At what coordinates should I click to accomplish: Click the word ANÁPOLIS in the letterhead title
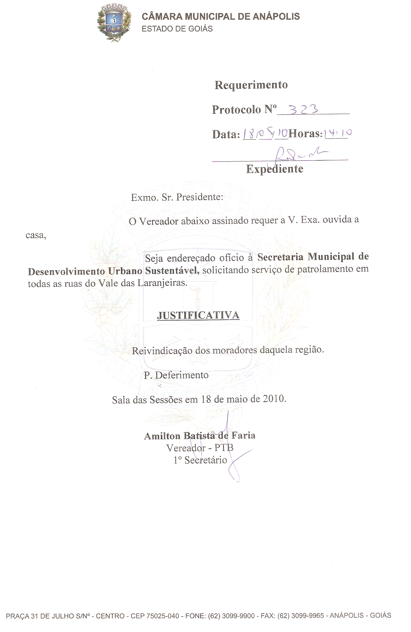tap(276, 17)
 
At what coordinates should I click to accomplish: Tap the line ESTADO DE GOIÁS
tap(177, 29)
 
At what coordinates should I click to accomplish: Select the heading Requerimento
tap(251, 85)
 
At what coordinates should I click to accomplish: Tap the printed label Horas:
tap(305, 134)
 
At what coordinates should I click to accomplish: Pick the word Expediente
tap(275, 169)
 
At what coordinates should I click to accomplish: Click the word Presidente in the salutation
tap(200, 197)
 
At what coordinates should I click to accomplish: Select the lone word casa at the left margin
tap(35, 235)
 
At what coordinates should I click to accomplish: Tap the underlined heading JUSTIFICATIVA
tap(198, 315)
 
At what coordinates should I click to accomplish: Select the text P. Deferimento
tap(176, 375)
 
